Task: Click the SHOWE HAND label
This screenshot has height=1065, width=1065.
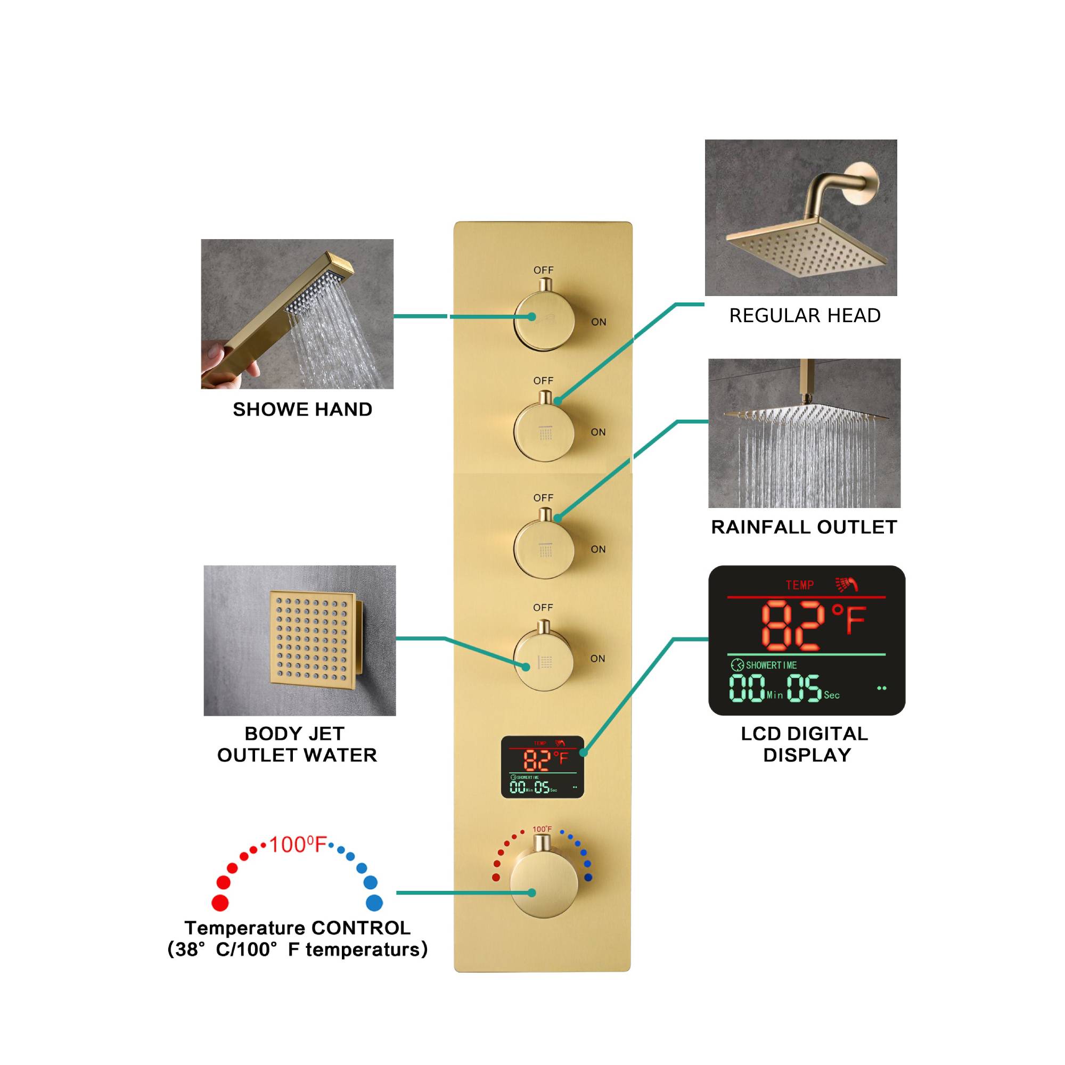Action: tap(302, 409)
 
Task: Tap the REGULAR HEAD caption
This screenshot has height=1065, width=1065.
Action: tap(805, 316)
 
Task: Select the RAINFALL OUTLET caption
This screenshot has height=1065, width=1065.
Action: tap(804, 527)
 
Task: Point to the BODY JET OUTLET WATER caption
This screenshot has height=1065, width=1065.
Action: tap(297, 744)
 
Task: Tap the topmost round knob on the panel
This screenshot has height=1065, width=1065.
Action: tap(544, 320)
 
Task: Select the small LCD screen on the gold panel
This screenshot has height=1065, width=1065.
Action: tap(542, 767)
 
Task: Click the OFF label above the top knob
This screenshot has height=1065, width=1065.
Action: tap(543, 270)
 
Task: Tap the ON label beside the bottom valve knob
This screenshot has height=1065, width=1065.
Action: tap(597, 659)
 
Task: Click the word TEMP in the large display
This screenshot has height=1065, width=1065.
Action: tap(799, 585)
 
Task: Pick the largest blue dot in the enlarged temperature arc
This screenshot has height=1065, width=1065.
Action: tap(374, 903)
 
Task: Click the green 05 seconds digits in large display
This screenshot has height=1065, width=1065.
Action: tap(804, 688)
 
